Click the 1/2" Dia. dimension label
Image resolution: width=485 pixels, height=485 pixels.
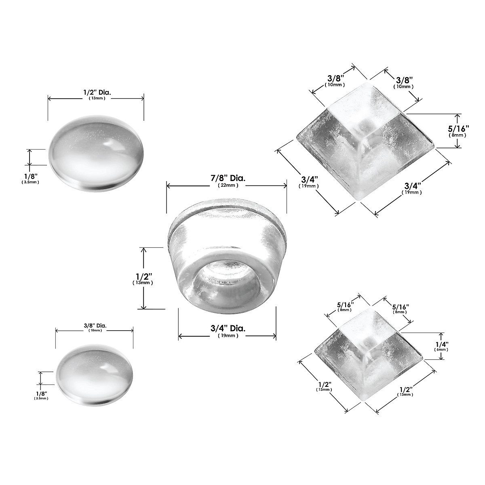click(x=97, y=93)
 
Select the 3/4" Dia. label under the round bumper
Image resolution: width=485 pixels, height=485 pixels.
click(x=228, y=329)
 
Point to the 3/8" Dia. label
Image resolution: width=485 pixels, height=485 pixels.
click(x=95, y=325)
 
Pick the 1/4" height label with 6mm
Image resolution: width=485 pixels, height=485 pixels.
click(x=441, y=344)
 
